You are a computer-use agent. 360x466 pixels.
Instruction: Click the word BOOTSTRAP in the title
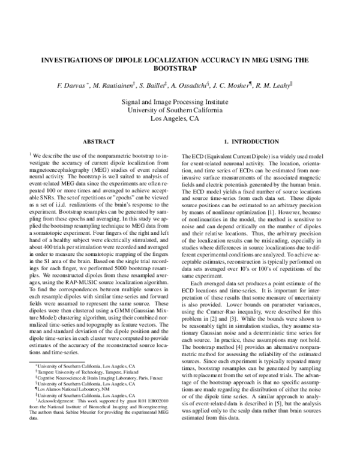pos(180,69)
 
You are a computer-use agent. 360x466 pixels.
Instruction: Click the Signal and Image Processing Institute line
pos(180,102)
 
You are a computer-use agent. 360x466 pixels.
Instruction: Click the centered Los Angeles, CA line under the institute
pos(180,119)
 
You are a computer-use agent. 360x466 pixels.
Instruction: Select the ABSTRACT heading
pos(98,142)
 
